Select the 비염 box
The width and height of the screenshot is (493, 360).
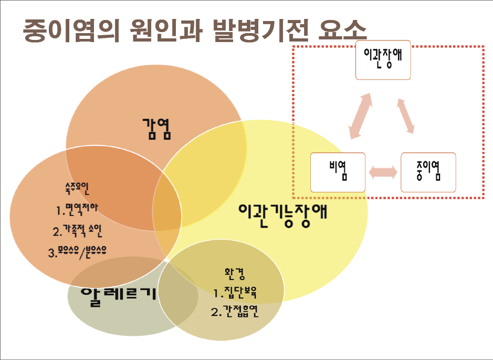click(338, 172)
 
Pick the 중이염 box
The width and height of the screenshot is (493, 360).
click(428, 172)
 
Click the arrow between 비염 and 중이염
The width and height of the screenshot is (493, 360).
click(383, 172)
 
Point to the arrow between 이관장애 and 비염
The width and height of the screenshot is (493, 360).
click(362, 116)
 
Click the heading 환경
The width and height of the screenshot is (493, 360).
click(235, 273)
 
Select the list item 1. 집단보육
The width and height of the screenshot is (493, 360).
click(235, 292)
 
